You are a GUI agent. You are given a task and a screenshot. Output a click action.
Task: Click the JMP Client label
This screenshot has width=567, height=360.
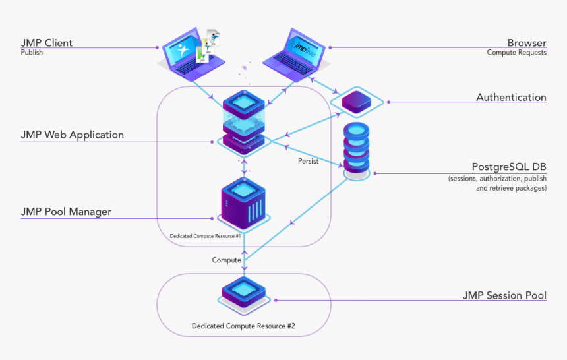pos(46,43)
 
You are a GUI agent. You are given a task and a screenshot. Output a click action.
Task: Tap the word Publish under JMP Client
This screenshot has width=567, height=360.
pos(32,53)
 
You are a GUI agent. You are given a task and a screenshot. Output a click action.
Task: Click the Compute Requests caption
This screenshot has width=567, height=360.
pos(516,53)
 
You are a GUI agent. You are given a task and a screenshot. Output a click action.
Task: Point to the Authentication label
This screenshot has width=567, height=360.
pos(511,97)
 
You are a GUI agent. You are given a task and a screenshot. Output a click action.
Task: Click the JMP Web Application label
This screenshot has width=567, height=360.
pos(72,135)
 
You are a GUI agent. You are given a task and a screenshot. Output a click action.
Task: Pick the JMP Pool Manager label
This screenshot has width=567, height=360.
pos(66,212)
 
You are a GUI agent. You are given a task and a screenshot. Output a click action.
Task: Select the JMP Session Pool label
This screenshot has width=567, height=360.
pos(504,295)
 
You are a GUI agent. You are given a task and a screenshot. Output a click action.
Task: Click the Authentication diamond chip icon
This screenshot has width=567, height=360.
pos(355,101)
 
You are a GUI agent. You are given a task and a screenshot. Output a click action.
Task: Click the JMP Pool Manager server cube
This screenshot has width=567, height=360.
pos(244,201)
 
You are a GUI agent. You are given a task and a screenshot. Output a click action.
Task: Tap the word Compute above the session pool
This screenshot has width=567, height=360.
pos(226,260)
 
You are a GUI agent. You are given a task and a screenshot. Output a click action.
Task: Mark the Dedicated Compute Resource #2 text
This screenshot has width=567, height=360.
pos(243,326)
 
